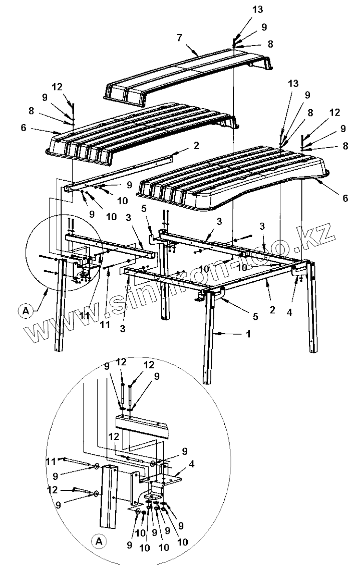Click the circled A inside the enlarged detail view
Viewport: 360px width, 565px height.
coord(99,540)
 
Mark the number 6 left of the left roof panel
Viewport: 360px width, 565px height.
coord(23,128)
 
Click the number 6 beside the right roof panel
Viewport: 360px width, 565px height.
coord(345,198)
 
